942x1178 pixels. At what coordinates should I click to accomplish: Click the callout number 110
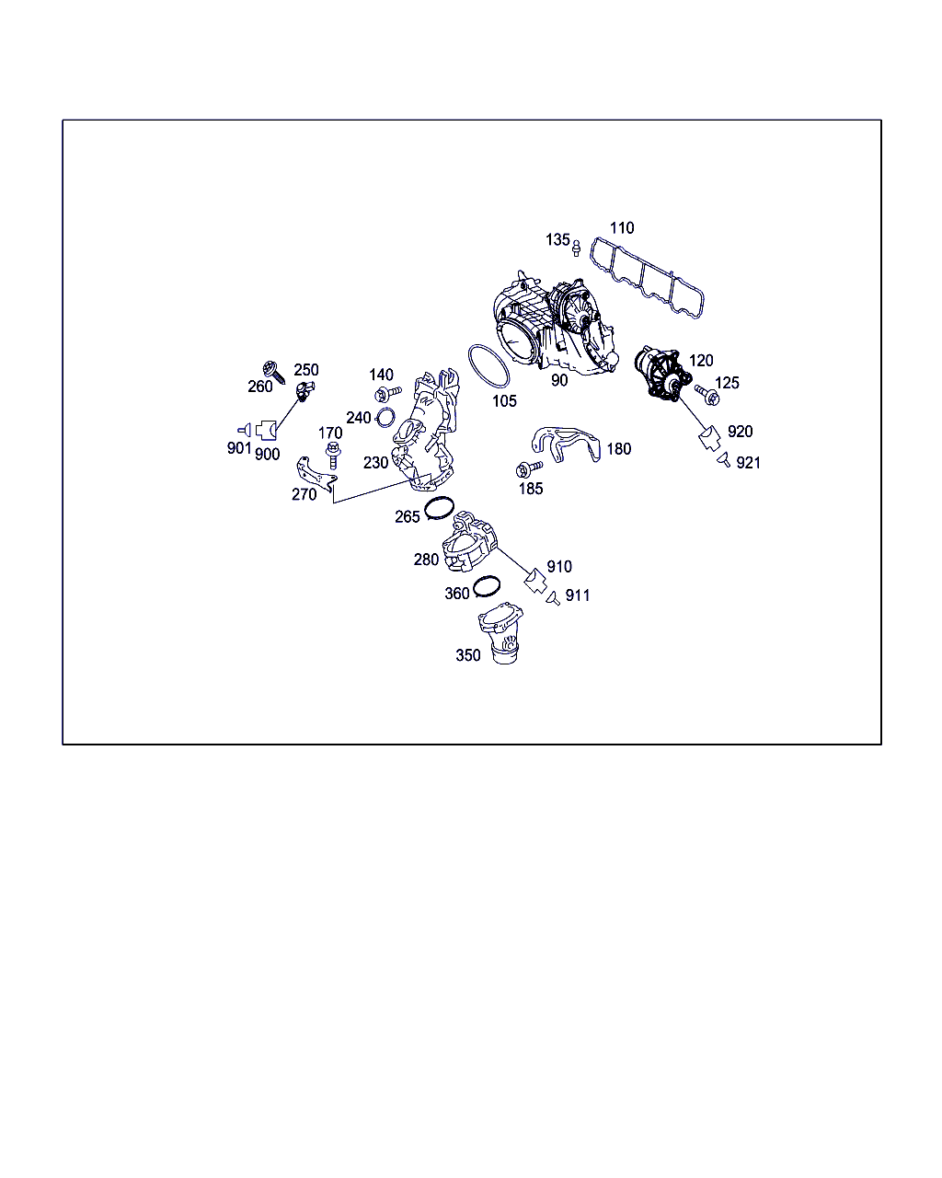coord(622,227)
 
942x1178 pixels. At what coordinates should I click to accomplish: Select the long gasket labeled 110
coord(646,277)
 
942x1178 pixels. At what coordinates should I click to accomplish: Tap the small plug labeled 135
coord(576,248)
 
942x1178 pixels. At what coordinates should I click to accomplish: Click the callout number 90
coord(558,380)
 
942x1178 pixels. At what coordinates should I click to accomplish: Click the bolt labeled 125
coord(707,395)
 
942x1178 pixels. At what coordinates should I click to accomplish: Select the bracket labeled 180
coord(566,445)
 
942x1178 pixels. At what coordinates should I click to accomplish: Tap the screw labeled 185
coord(529,468)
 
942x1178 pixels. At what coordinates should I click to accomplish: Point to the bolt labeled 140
coord(387,393)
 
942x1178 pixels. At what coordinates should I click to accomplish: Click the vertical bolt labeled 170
coord(333,456)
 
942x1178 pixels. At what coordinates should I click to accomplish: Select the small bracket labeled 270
coord(316,474)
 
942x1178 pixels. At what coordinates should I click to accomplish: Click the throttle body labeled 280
coord(470,541)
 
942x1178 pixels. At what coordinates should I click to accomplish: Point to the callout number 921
coord(748,463)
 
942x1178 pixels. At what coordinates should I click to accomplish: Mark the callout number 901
coord(239,448)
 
